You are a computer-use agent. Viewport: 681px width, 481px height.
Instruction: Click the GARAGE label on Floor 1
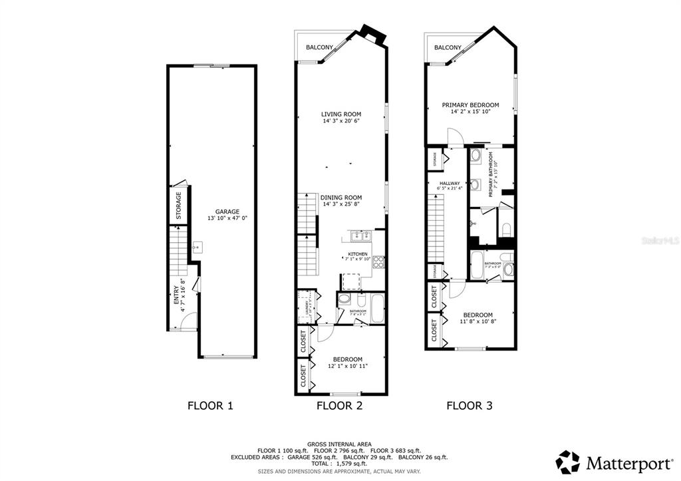coord(227,212)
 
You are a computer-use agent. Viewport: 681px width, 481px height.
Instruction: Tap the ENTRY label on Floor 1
coord(176,295)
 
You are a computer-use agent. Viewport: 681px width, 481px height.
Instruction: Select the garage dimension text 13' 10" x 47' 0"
coord(227,218)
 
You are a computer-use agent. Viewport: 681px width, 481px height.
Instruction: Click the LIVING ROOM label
coord(341,114)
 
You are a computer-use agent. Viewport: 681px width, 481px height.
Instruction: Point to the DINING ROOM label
coord(341,198)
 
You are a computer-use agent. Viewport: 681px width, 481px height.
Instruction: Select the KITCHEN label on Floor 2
coord(358,254)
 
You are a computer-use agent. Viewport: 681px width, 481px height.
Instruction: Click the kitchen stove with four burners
coord(378,261)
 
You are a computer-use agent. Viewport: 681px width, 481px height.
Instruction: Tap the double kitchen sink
coord(360,235)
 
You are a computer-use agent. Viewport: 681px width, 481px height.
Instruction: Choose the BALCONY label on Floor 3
coord(448,47)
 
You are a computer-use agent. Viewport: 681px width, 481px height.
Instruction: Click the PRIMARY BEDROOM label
coord(471,105)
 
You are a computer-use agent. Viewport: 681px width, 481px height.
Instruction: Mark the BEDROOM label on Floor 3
coord(477,315)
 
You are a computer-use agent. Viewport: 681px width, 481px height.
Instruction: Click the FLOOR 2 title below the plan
coord(339,404)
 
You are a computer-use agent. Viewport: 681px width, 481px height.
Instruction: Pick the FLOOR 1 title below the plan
coord(210,404)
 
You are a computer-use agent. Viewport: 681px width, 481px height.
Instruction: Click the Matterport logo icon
coord(568,462)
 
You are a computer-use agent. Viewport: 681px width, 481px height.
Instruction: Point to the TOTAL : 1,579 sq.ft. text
coord(340,464)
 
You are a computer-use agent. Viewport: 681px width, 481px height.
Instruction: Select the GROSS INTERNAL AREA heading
coord(340,444)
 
